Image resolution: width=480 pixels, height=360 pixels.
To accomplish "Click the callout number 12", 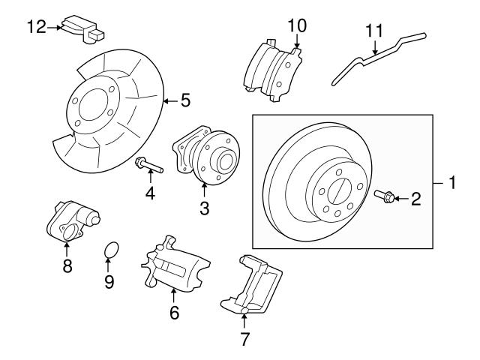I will pos(36,27).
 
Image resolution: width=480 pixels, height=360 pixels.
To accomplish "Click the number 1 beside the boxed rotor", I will pos(452,182).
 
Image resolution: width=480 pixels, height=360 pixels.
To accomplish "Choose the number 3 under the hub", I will pos(204,208).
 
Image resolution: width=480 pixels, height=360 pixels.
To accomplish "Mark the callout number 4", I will pos(150,193).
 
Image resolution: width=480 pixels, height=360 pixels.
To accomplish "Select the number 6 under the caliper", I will pos(174,312).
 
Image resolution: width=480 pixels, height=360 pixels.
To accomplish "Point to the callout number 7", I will pos(244,338).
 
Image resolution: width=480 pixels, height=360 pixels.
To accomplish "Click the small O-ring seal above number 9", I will pos(109,249).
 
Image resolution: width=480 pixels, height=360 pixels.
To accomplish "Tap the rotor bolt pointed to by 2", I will pos(384,197).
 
